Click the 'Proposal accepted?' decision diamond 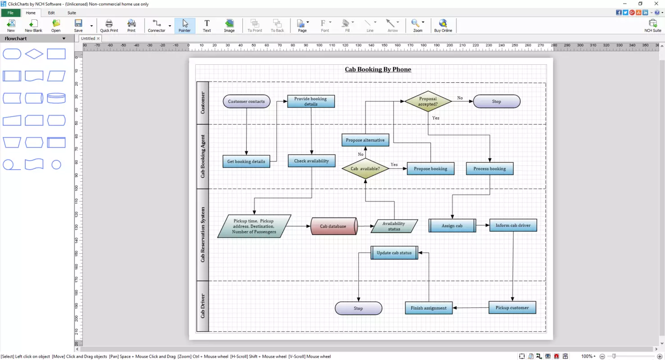tap(428, 101)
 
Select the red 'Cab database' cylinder tap(334, 226)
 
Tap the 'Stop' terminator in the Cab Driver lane tap(358, 308)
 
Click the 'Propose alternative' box tap(365, 140)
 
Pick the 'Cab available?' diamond tap(365, 169)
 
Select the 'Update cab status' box tap(394, 253)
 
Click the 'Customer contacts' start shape tap(246, 102)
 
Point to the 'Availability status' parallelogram tap(394, 226)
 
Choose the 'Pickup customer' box tap(512, 308)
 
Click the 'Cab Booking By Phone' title tap(378, 69)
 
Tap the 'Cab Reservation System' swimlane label tap(203, 234)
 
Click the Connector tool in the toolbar tap(156, 26)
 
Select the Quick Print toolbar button tap(109, 26)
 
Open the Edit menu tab tap(51, 13)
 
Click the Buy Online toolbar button tap(443, 26)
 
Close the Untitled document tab tap(98, 38)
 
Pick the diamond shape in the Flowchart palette tap(34, 54)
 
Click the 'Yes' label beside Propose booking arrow tap(394, 164)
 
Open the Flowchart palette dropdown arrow tap(64, 39)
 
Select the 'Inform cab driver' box tap(513, 225)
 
